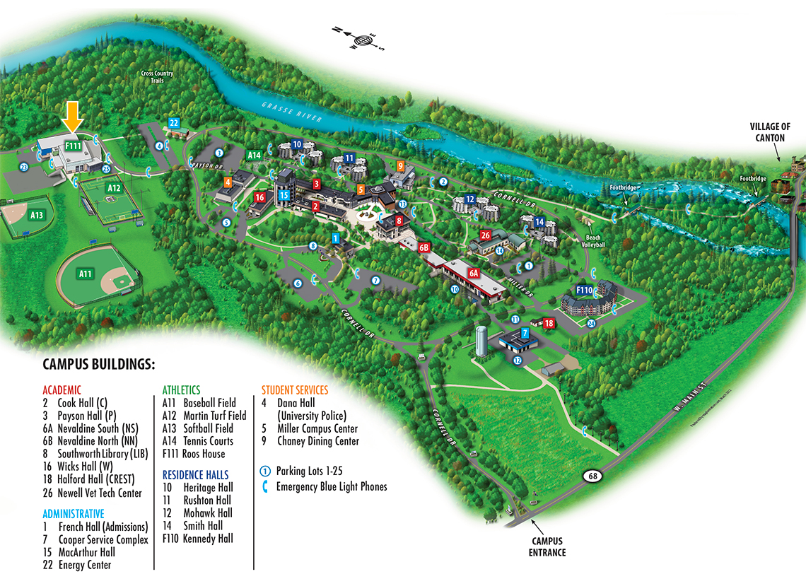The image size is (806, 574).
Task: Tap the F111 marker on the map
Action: [x=73, y=145]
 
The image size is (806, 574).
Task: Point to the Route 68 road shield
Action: [x=592, y=476]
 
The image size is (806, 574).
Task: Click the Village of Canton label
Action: [x=770, y=131]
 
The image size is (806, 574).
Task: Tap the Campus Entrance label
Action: [x=547, y=547]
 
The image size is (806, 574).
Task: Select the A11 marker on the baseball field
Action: [x=86, y=274]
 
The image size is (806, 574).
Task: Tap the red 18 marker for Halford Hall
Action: [x=549, y=323]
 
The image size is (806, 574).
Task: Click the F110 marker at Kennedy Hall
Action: [x=584, y=290]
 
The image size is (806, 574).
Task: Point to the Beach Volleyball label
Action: [x=593, y=240]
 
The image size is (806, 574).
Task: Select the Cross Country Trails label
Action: [x=156, y=77]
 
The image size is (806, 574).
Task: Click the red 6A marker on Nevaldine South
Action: [x=474, y=272]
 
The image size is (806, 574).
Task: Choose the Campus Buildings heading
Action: [x=98, y=365]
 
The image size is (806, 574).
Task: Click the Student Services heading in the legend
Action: [x=295, y=390]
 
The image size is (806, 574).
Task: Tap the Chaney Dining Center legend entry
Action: [x=317, y=441]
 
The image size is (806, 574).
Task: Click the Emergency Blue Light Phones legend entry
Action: [x=331, y=486]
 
